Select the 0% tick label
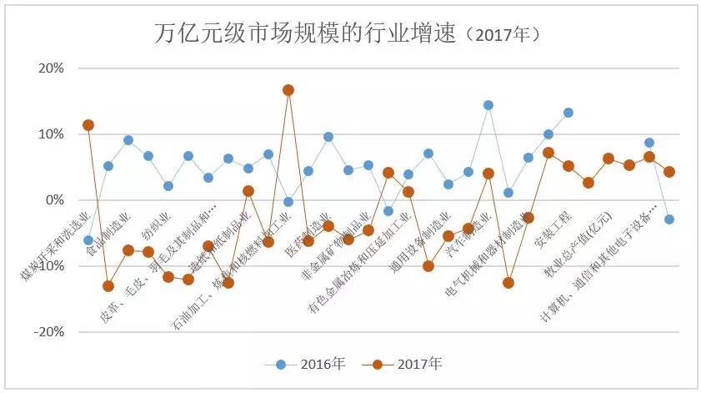pos(53,200)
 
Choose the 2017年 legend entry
pos(408,365)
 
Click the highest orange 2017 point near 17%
pos(288,90)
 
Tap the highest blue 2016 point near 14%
pos(488,105)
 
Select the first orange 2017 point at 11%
pos(88,125)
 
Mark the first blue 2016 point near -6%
pos(88,240)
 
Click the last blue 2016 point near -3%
pos(668,219)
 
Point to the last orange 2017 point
pos(668,172)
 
